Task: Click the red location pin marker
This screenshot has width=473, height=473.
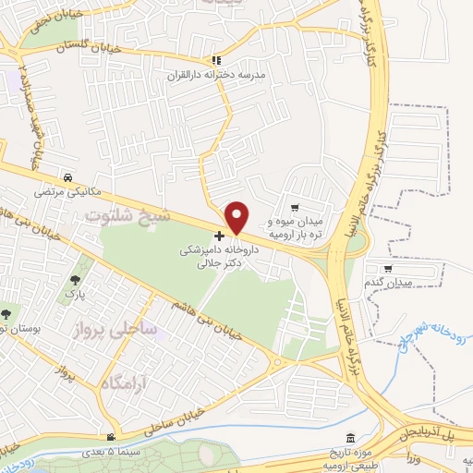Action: click(x=237, y=217)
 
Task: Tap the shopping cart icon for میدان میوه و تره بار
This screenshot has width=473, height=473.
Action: click(x=295, y=207)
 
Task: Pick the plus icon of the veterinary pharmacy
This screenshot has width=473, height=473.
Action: click(x=219, y=236)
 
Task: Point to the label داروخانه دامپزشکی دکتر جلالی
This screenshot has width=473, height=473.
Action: click(x=219, y=256)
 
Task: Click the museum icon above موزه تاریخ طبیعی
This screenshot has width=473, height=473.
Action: click(x=349, y=438)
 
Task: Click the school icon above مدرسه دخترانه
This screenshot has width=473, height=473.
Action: click(x=215, y=58)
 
